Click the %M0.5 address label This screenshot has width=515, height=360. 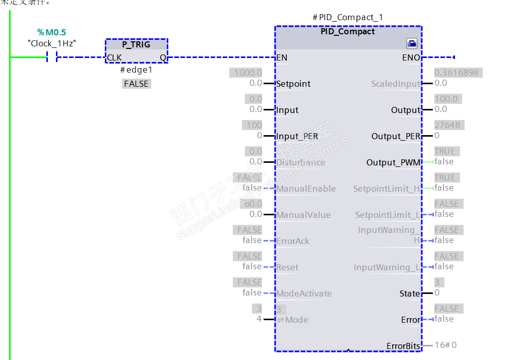(x=51, y=32)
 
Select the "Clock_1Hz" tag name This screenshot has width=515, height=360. (x=52, y=43)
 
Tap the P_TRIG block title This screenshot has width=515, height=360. (x=136, y=44)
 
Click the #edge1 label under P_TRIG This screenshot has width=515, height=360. (x=136, y=71)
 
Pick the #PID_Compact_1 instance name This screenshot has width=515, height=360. (x=348, y=17)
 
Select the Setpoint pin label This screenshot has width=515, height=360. (x=293, y=84)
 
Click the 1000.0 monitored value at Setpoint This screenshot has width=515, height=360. (x=248, y=73)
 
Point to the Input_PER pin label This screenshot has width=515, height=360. (x=297, y=136)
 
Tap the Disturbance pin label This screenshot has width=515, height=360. (x=300, y=162)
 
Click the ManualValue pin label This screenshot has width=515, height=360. (x=303, y=215)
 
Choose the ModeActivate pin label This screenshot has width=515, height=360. (x=304, y=293)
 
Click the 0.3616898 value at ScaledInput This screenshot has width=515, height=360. (x=456, y=73)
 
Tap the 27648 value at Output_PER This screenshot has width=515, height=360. (x=447, y=125)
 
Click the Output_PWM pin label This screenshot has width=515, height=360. (x=393, y=162)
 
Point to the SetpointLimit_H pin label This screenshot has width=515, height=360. (x=387, y=189)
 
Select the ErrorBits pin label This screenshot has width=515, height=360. (x=403, y=346)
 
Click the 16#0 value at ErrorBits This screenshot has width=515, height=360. (x=445, y=345)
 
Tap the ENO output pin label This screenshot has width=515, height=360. (x=411, y=57)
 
